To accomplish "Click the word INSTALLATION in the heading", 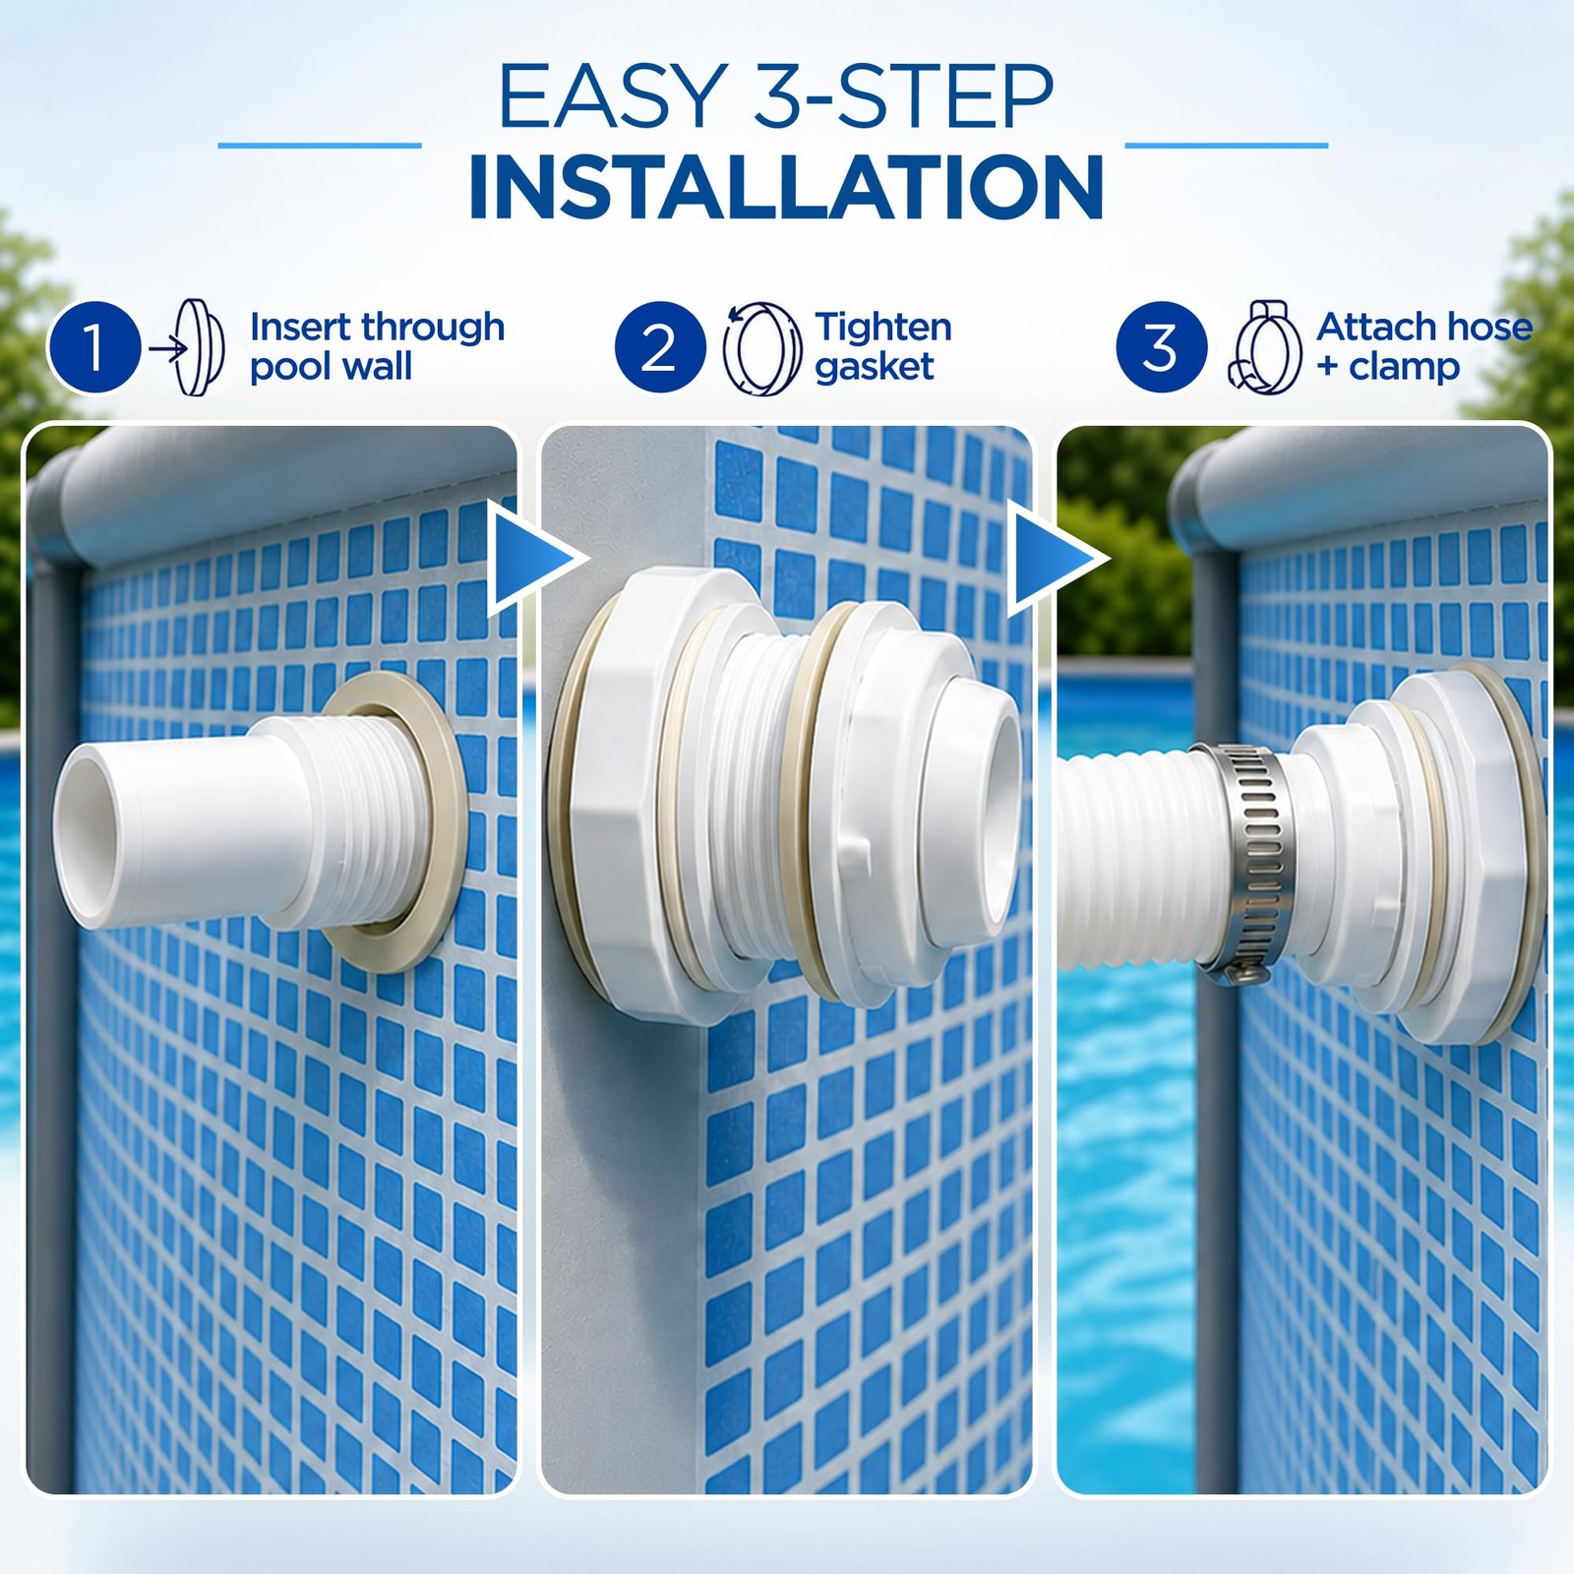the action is [x=786, y=186].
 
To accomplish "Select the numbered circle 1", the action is [x=94, y=347].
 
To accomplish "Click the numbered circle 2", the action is [x=660, y=347].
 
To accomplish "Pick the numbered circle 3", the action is [x=1162, y=347].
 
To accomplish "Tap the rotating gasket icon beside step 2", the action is [x=762, y=348].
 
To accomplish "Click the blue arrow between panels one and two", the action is [x=532, y=560].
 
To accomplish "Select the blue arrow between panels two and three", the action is [x=1055, y=560].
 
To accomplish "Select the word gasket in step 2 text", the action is [x=875, y=368].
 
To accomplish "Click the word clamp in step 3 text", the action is [x=1404, y=366].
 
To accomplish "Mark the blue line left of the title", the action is [x=320, y=146].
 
